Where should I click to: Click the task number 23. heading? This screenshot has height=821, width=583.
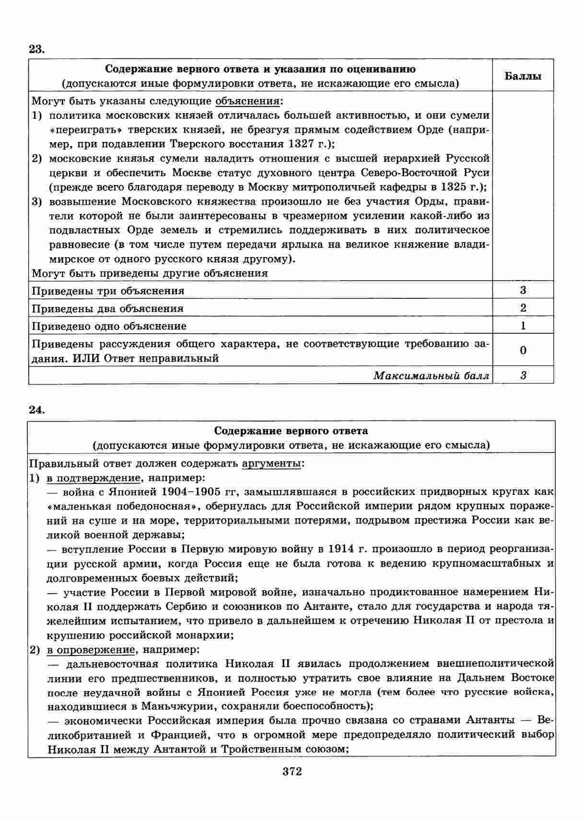tap(36, 49)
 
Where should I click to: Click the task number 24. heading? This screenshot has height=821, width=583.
tap(36, 410)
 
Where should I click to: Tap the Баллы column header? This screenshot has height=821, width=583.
tap(523, 76)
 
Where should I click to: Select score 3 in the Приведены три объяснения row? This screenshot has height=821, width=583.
tap(523, 290)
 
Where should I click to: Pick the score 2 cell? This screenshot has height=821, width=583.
tap(523, 308)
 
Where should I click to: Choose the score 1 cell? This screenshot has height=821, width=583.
tap(523, 326)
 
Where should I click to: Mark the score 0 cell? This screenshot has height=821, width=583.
tap(523, 350)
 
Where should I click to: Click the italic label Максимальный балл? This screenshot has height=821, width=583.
tap(431, 375)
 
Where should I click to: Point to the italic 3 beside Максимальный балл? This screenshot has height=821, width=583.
tap(523, 375)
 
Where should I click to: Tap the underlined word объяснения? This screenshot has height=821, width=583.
tap(248, 101)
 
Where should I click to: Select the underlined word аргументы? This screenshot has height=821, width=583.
tap(272, 464)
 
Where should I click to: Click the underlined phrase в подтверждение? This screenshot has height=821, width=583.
tap(93, 478)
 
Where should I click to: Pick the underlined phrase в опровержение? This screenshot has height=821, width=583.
tap(91, 650)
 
